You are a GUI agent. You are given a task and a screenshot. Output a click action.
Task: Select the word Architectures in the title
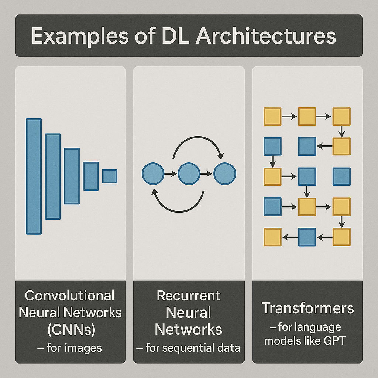265,36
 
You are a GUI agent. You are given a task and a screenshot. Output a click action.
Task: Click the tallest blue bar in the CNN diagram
34,176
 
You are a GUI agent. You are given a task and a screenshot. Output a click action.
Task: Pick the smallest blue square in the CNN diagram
110,176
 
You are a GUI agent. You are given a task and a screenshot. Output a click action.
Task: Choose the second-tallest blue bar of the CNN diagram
53,176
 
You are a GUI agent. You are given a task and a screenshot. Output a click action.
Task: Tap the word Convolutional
70,296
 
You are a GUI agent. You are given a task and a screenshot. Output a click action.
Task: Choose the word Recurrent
189,296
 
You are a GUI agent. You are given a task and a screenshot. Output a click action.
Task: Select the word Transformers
307,309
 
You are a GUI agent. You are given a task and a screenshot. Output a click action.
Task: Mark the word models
282,340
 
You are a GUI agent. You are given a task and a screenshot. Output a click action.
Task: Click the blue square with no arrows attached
342,176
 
